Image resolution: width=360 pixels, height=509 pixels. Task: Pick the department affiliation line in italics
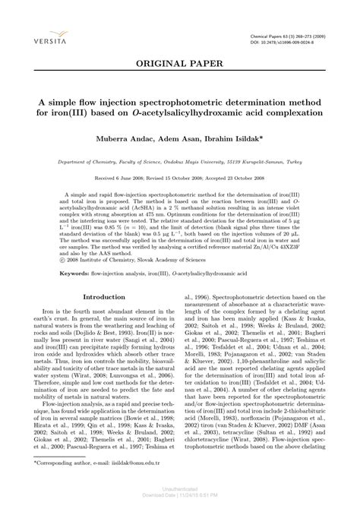tap(180, 161)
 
